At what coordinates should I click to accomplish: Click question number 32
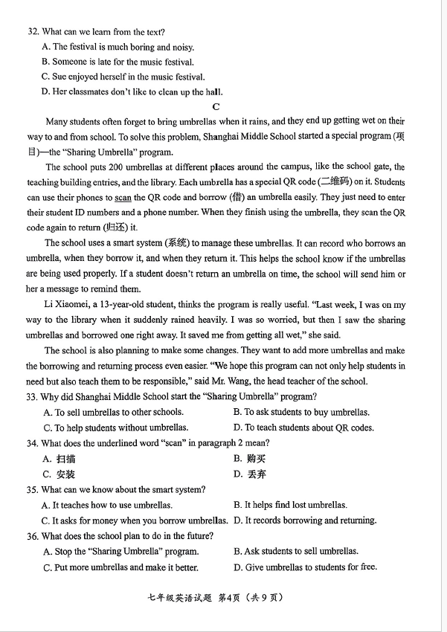coord(33,32)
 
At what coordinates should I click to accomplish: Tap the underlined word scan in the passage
coord(123,197)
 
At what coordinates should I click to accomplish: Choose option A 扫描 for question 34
coord(60,459)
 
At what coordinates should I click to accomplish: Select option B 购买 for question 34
coord(248,459)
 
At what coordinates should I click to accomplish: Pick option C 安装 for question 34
coord(60,474)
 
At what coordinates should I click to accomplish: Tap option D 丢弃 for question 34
coord(248,474)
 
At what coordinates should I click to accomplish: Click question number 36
coord(32,536)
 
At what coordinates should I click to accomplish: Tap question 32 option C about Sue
coord(123,77)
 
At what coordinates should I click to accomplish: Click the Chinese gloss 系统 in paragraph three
coord(176,243)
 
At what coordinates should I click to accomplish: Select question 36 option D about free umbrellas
coord(305,567)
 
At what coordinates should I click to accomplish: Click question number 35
coord(32,489)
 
